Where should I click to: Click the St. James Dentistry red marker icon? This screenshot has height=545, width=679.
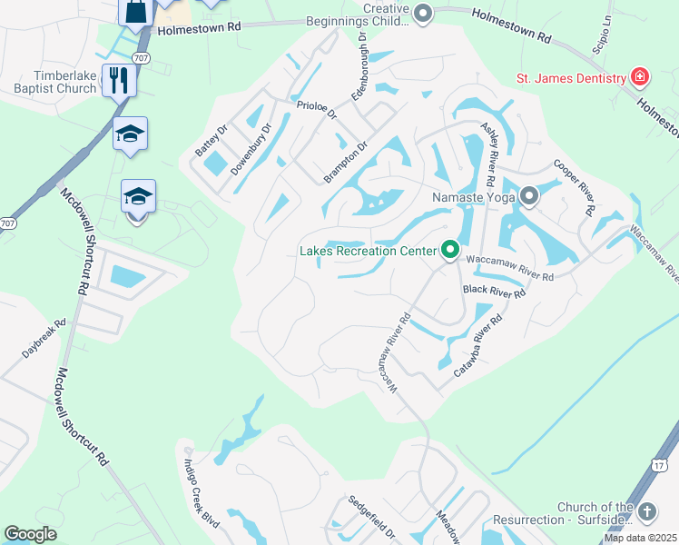point(641,76)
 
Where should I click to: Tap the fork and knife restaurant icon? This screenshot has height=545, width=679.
point(119,80)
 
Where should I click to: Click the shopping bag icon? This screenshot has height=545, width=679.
point(135,12)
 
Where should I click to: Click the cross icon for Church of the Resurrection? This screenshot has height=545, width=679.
point(646,511)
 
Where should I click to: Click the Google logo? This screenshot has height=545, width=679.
point(30,534)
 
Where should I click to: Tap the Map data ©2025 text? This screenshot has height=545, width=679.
point(639,538)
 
